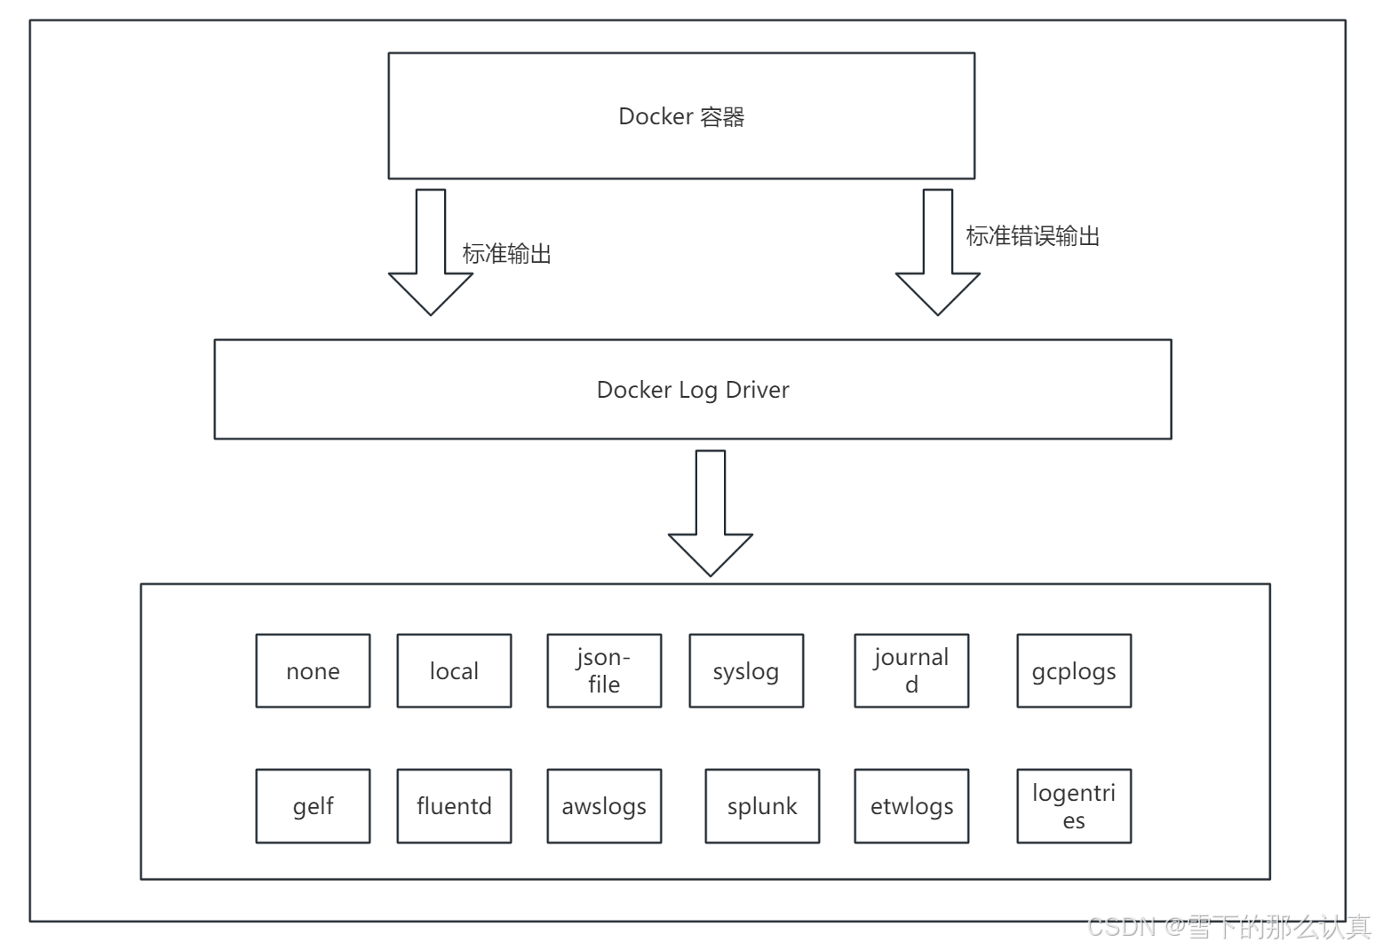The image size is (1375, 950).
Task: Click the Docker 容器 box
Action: point(681,116)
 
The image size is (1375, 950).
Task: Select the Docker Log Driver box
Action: point(692,390)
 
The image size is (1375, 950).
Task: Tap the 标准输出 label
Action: point(506,255)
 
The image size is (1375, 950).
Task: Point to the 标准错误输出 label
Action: point(1032,236)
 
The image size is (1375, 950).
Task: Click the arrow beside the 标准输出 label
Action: point(431,253)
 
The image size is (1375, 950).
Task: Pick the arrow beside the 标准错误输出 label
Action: point(937,253)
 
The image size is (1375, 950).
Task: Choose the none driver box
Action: point(313,671)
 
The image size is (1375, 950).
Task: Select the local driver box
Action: point(454,671)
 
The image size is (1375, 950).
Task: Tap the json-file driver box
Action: point(604,671)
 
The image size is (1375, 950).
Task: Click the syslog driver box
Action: point(746,671)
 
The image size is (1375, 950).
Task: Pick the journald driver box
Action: point(911,671)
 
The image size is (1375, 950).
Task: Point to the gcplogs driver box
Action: point(1074,671)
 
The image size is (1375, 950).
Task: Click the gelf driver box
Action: point(313,806)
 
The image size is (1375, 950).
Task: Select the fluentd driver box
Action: point(454,806)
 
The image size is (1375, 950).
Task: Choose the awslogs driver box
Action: point(604,806)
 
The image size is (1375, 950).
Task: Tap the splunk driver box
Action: point(762,806)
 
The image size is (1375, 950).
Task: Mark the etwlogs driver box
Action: point(911,806)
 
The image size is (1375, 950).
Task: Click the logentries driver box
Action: point(1074,806)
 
